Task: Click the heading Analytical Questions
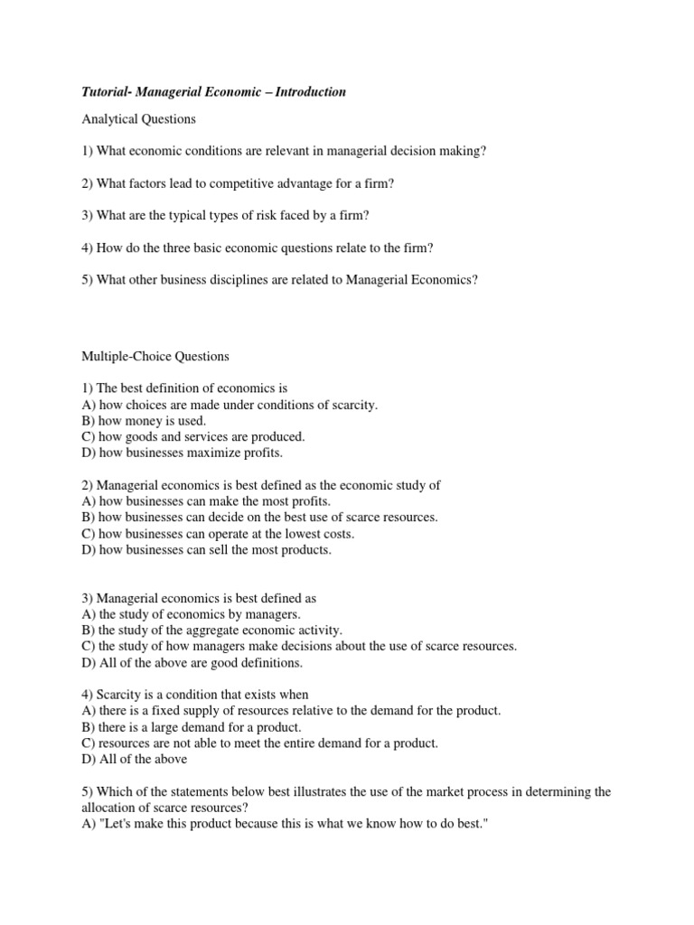click(138, 118)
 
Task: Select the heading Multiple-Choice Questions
click(155, 356)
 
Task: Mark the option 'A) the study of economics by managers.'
click(180, 614)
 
